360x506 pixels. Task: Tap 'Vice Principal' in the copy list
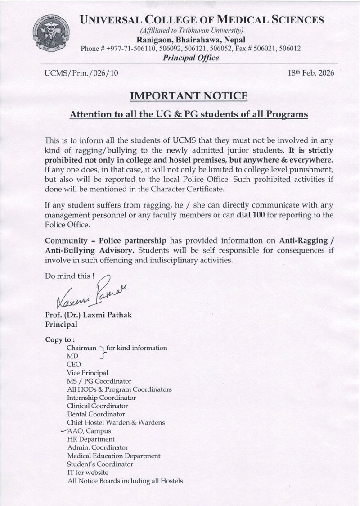click(87, 372)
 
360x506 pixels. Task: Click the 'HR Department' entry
click(90, 439)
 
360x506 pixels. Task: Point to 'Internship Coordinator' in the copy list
click(101, 398)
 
